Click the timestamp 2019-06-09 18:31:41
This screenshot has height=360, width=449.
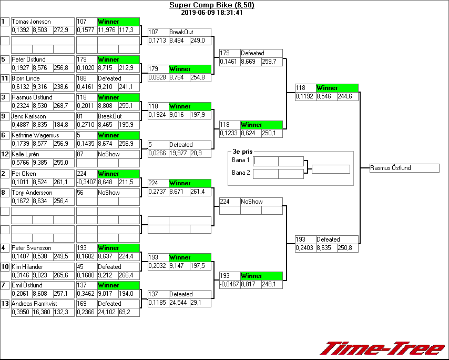click(211, 13)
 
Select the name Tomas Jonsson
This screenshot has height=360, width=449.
click(31, 22)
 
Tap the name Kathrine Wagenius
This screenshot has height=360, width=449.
click(35, 135)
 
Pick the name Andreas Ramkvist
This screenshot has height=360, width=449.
click(35, 304)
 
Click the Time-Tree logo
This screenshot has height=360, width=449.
click(383, 348)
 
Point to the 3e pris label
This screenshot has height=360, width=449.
click(242, 151)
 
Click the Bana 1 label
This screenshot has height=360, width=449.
click(240, 159)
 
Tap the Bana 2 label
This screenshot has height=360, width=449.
click(240, 172)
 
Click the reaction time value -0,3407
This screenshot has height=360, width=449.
click(86, 182)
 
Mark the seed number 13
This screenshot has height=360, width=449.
click(5, 304)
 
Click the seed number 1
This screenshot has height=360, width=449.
click(5, 22)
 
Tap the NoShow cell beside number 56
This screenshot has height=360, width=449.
click(108, 193)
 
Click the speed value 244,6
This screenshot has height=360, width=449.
click(348, 96)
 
